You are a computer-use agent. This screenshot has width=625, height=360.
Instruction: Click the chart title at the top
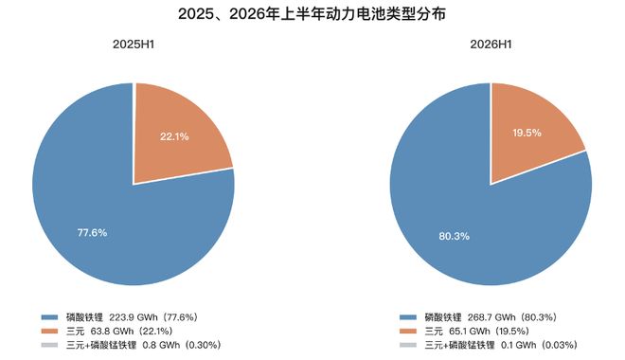(312, 14)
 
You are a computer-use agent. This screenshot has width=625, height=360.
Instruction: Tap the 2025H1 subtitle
(134, 45)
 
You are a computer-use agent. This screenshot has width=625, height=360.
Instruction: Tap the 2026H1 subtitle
(491, 45)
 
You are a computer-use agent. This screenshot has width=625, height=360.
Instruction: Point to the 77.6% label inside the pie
(92, 232)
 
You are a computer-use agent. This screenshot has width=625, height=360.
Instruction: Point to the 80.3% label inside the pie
(454, 236)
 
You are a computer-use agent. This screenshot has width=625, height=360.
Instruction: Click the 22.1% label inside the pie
(174, 136)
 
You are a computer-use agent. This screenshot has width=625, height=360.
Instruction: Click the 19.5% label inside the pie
(527, 133)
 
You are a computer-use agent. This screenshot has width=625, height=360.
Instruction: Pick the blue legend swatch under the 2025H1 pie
(50, 317)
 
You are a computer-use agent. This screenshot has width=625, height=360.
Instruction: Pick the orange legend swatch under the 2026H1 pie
(408, 331)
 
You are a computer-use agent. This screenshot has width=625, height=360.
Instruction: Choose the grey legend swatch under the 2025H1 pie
(50, 345)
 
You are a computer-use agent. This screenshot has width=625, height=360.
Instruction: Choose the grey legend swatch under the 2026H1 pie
(408, 345)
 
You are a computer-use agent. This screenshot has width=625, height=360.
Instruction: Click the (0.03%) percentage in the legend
(559, 345)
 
